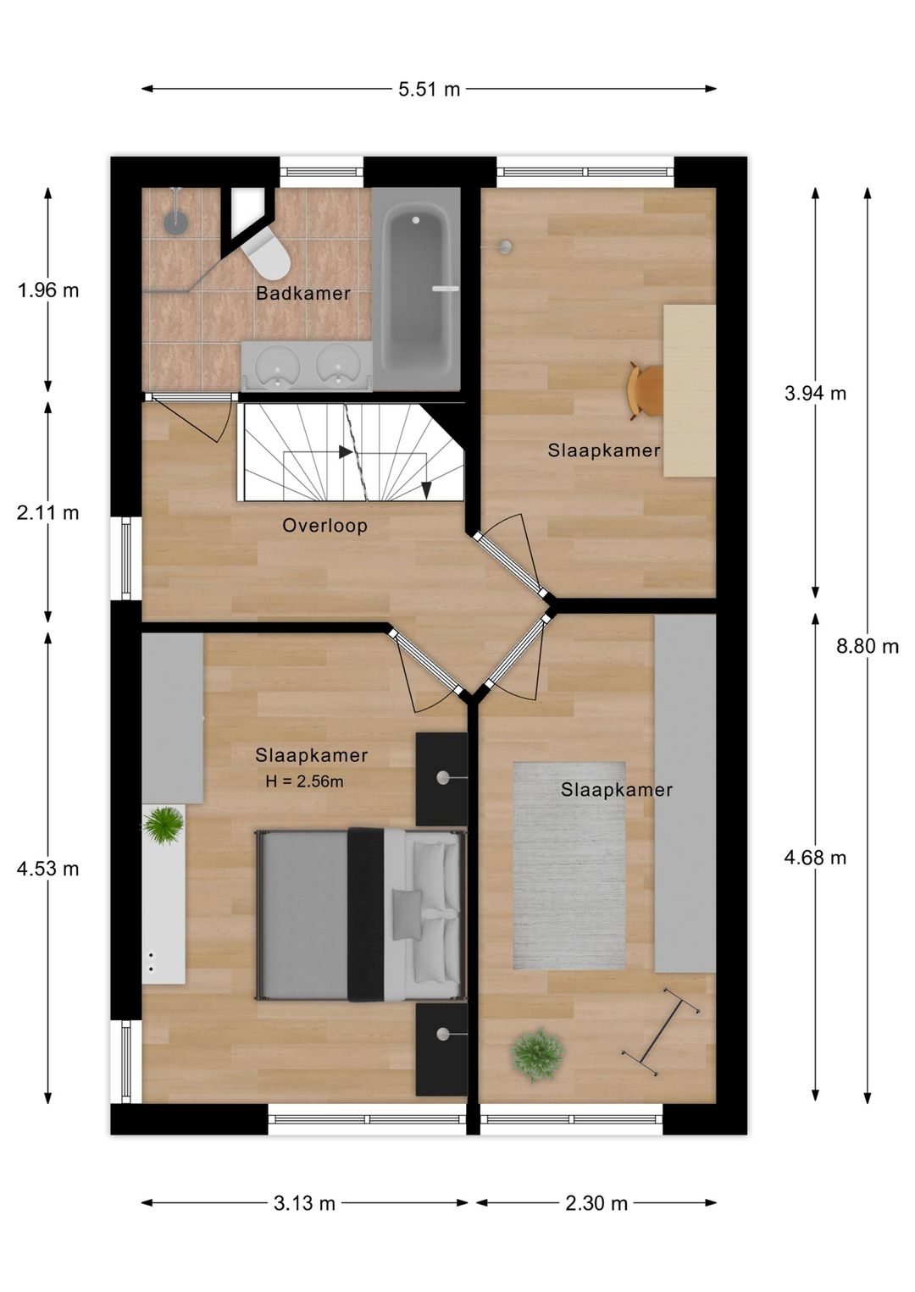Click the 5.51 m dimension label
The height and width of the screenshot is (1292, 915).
pos(429,90)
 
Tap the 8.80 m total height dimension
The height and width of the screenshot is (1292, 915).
pos(867,647)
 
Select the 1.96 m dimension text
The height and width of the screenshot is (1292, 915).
pos(48,290)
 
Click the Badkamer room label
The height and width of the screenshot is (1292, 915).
pos(303,293)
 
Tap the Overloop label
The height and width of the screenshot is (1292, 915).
pos(325,526)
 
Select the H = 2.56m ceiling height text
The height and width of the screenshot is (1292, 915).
pos(304,781)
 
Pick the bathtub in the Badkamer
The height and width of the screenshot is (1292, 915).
pos(416,290)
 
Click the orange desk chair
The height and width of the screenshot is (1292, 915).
pos(646,390)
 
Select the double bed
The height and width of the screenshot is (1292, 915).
pos(361,914)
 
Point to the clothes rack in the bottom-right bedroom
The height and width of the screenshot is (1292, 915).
pos(662,1031)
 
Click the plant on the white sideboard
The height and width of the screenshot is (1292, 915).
pos(164,825)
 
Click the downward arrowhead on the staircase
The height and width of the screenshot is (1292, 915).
pos(426,489)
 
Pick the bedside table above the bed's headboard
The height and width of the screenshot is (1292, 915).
pos(441,779)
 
